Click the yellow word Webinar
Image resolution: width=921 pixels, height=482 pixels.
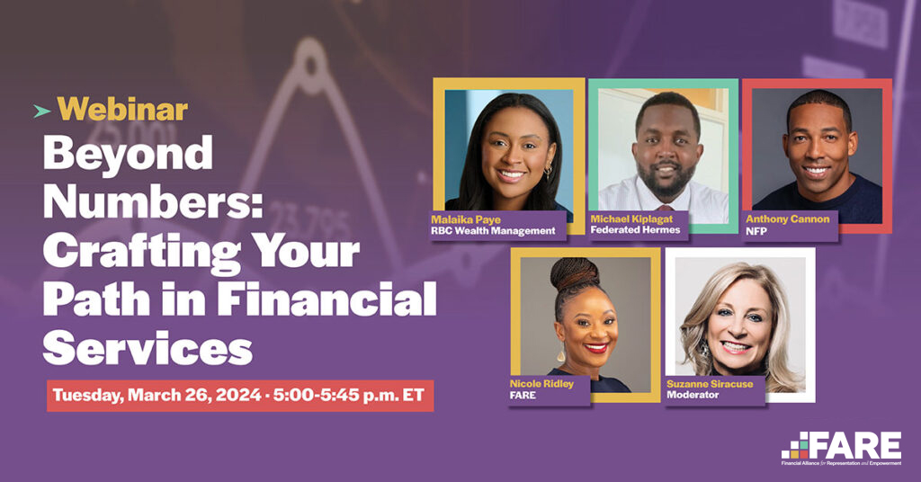122,109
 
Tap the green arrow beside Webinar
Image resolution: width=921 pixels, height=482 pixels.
41,111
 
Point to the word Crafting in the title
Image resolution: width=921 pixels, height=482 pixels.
141,251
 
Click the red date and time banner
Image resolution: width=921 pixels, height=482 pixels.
240,395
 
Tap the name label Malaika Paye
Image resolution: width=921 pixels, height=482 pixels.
466,219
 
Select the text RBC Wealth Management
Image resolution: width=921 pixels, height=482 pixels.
493,231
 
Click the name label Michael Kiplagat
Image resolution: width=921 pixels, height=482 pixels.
631,219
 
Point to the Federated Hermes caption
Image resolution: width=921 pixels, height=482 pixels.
635,230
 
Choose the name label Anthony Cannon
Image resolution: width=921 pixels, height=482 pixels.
788,219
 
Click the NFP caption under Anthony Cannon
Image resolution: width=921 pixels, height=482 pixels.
756,231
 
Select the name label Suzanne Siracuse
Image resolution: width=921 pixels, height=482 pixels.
710,384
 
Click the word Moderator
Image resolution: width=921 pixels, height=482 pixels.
693,395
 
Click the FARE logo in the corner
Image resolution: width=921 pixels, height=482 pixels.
841,449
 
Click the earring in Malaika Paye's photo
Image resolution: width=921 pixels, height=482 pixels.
549,172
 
